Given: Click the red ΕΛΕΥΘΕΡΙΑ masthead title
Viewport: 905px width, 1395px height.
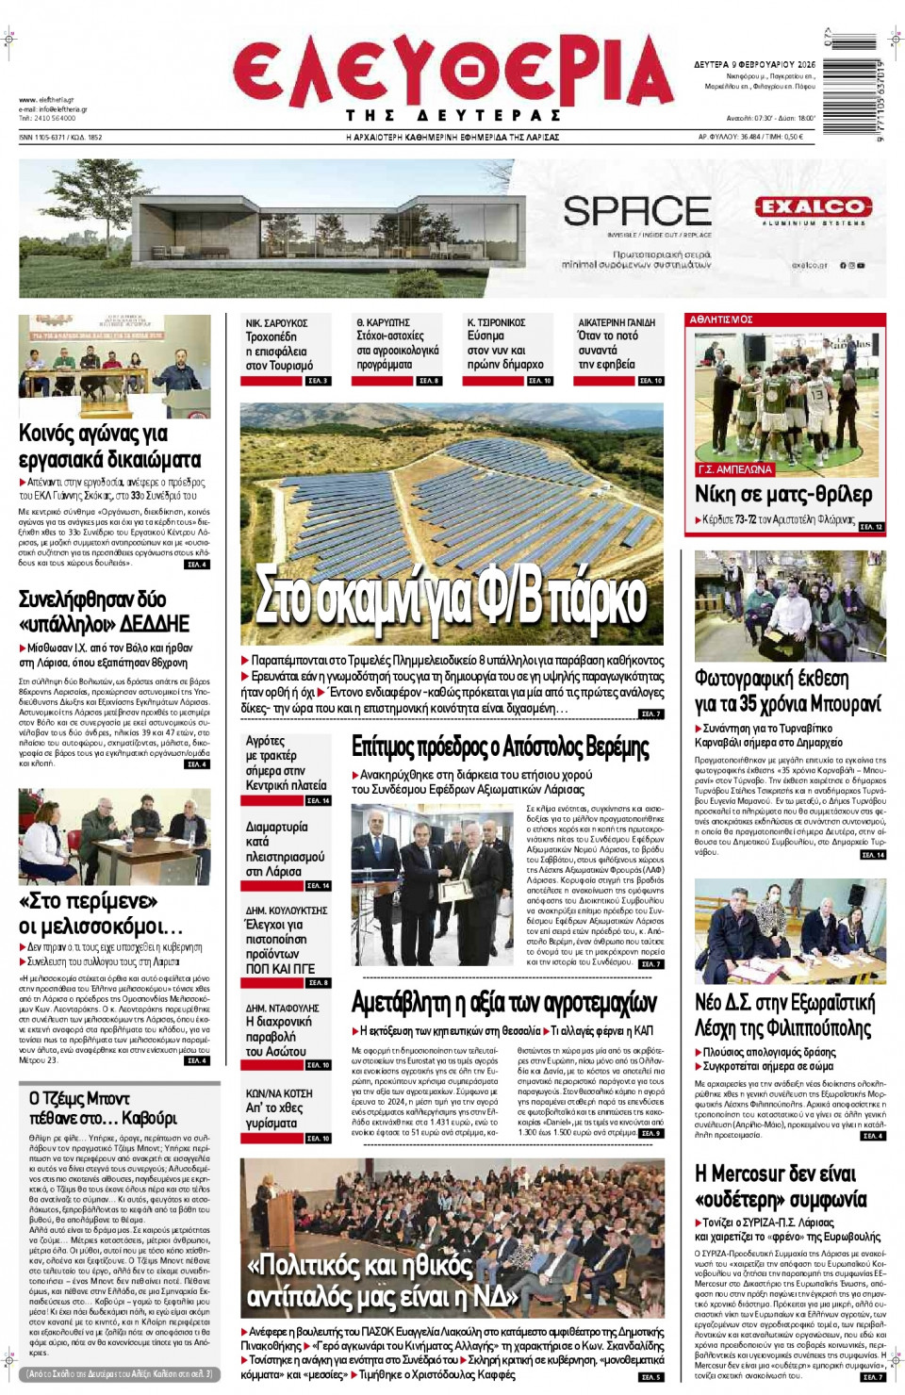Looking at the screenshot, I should (x=452, y=72).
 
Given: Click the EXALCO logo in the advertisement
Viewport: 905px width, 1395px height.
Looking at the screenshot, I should (x=813, y=206).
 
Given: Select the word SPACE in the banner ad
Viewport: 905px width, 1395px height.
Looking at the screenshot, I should (x=637, y=211).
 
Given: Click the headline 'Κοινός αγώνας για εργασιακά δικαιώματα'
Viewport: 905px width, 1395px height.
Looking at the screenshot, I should (x=110, y=446).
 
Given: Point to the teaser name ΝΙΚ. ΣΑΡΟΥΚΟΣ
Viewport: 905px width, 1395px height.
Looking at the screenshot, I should (x=276, y=323).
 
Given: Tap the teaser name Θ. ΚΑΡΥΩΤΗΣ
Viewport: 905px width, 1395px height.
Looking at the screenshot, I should (x=383, y=322).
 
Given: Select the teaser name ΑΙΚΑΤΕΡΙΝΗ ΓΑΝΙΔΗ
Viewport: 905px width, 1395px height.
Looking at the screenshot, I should (x=617, y=322).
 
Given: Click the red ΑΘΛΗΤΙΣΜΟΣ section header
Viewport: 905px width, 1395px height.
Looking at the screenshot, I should (x=721, y=320).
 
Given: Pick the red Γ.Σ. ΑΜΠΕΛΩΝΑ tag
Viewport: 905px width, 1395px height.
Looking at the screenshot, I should (x=734, y=469).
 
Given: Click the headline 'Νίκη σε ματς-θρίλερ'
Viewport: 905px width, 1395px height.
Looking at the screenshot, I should (x=783, y=495).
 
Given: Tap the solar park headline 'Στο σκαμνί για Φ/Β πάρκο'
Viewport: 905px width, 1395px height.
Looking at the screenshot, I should (x=452, y=597).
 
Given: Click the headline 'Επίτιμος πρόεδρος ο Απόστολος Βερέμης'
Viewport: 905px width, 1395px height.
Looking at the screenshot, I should (x=501, y=747).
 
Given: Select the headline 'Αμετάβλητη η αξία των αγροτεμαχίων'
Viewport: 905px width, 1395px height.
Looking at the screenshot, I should (x=504, y=1002).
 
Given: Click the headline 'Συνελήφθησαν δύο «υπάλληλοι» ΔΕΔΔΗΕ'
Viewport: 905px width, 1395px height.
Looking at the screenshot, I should (x=105, y=611).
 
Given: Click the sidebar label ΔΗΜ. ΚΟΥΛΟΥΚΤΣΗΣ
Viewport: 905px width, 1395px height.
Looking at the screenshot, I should (x=286, y=911).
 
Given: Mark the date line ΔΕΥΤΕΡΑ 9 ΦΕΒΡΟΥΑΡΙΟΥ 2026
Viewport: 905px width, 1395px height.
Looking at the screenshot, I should (x=755, y=65).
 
